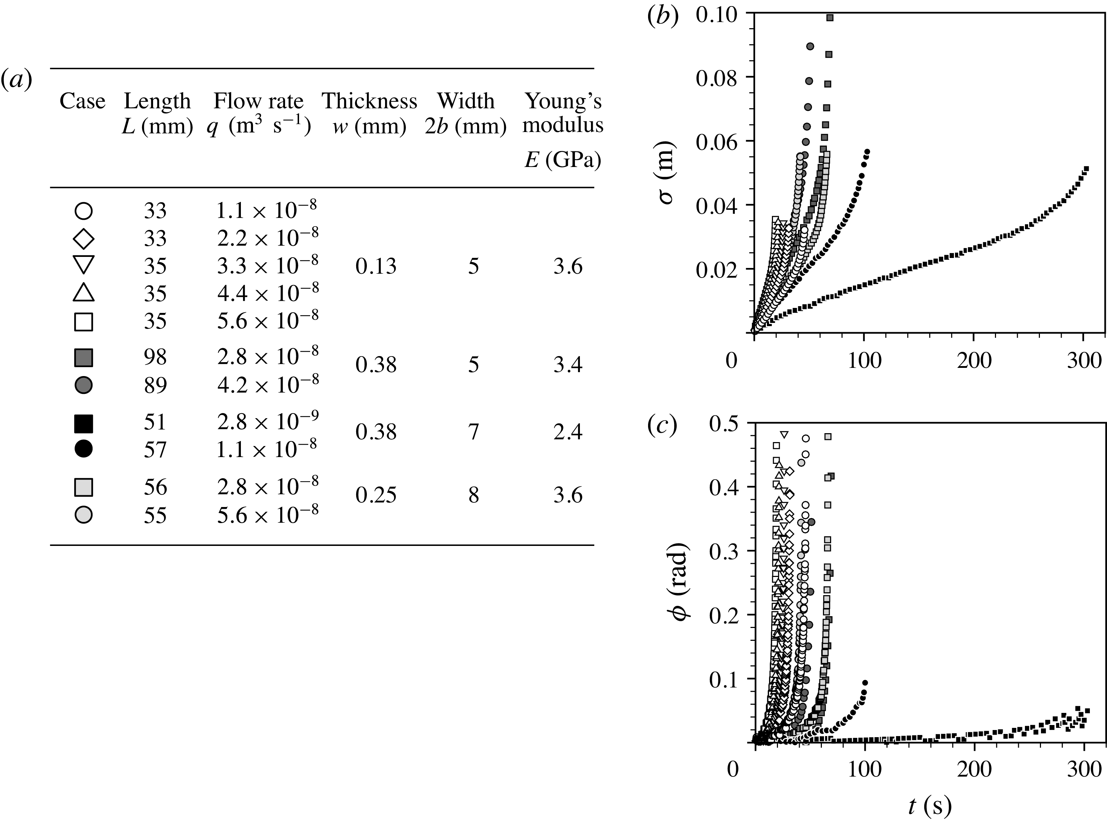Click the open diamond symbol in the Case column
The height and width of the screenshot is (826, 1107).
pos(84,238)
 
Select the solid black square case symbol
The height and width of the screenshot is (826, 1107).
pos(84,423)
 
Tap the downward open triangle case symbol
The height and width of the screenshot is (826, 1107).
pos(84,265)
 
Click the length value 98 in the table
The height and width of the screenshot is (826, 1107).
pos(155,358)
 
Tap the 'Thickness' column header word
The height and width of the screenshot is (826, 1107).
pos(369,101)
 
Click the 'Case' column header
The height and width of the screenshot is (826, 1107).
pos(82,101)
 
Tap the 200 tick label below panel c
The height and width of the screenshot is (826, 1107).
pos(974,769)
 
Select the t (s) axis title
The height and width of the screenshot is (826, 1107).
pos(930,806)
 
